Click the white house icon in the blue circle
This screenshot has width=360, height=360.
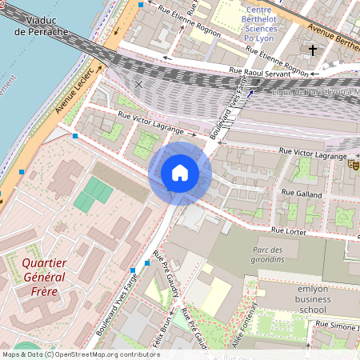tap(179, 173)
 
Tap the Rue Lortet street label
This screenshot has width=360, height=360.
tap(289, 230)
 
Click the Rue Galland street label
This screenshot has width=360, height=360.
tap(302, 193)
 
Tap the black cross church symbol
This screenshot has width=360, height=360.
tap(313, 50)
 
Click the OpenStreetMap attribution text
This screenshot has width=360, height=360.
tap(80, 354)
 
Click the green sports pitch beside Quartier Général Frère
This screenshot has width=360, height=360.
tap(94, 194)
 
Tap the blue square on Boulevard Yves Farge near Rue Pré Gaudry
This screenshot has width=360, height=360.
tap(147, 262)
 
